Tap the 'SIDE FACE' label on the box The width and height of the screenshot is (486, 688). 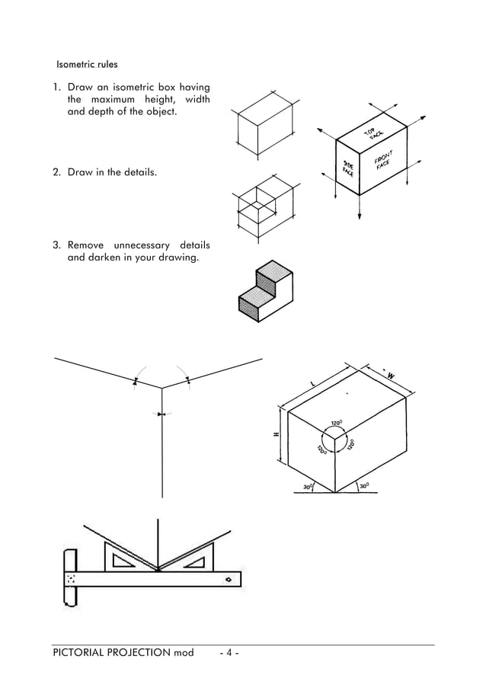(x=349, y=169)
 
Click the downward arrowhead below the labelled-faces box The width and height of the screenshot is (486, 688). (x=359, y=216)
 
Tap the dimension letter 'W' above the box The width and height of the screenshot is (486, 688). (x=391, y=376)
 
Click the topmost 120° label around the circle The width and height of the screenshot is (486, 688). (x=336, y=421)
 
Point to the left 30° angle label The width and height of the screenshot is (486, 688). (x=308, y=485)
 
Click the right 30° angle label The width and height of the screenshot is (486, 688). (x=365, y=485)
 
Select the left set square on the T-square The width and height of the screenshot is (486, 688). (x=125, y=562)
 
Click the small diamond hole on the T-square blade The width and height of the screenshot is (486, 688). (x=228, y=581)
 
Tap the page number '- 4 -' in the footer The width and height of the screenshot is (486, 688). (x=229, y=653)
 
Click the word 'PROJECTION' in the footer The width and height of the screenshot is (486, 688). (x=139, y=653)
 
